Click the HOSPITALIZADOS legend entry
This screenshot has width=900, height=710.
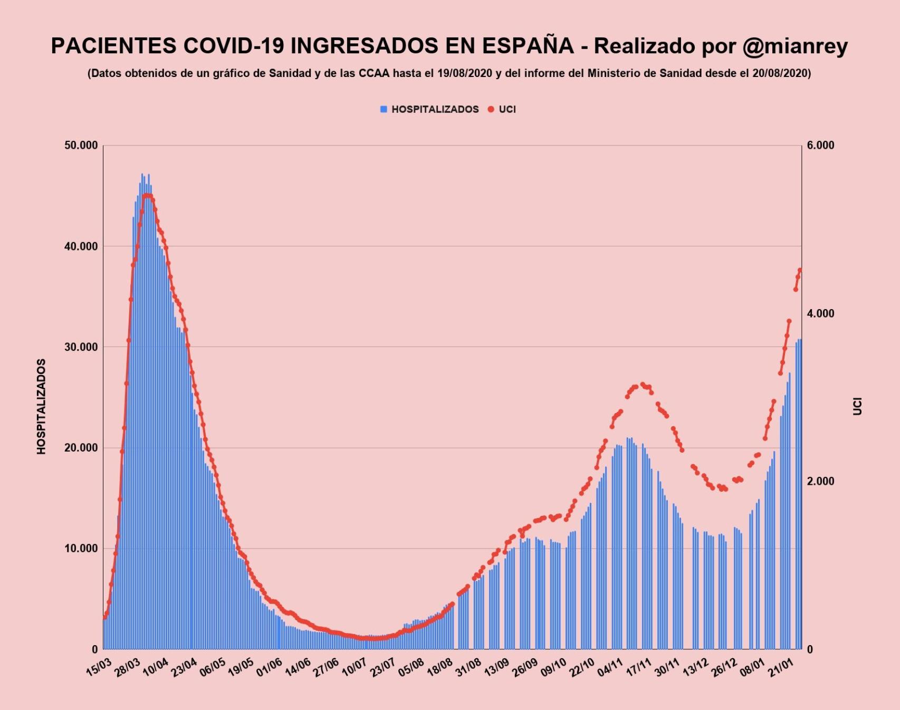435,109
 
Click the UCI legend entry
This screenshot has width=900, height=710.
507,109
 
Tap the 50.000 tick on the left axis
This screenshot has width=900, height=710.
81,146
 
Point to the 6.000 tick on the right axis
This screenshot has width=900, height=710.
820,146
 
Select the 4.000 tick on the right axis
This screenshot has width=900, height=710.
820,313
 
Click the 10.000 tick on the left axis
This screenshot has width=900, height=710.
81,549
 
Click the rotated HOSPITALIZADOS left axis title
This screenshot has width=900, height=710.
42,406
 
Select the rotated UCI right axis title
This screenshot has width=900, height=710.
857,406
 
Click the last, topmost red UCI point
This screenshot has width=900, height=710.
800,270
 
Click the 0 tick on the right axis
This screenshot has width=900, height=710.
810,649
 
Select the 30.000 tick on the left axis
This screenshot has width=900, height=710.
81,347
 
